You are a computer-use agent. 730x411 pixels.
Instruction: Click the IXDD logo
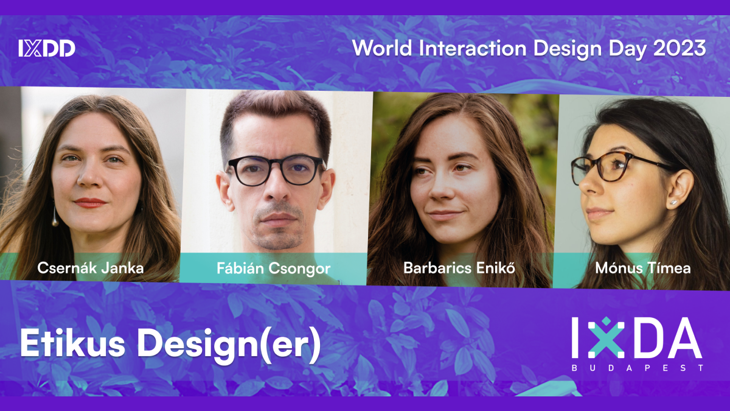(47, 48)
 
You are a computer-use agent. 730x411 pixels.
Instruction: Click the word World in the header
(382, 48)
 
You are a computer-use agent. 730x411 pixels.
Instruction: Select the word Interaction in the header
(473, 48)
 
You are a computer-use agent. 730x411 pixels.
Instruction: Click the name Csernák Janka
(90, 268)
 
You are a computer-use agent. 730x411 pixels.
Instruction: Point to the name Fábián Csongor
(273, 269)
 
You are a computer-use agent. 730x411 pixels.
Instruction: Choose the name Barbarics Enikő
(459, 268)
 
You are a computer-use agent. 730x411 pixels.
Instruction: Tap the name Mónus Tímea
(642, 268)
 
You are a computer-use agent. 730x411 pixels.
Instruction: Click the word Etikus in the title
(72, 343)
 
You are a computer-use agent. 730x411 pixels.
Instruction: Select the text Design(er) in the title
(229, 346)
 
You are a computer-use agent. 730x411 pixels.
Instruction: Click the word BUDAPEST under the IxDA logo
(637, 368)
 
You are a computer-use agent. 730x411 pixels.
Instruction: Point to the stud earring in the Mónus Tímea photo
(673, 203)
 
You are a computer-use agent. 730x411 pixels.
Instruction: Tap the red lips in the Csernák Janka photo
(90, 203)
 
